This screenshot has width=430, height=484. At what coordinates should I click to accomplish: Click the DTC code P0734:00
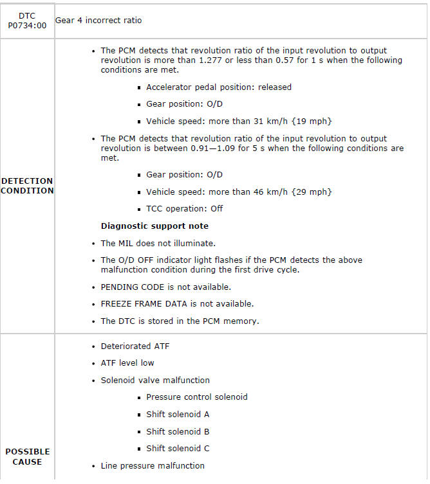pos(27,25)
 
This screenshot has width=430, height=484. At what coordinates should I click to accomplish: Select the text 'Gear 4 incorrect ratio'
pos(98,21)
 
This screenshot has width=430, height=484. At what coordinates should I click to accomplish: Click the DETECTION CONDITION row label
pos(27,186)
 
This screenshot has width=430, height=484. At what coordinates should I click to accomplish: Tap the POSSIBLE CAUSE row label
pos(27,456)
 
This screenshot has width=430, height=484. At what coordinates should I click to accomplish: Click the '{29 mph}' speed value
pos(313,192)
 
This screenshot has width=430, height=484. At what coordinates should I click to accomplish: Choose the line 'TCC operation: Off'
pos(184,209)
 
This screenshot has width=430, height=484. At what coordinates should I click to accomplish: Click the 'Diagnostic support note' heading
pos(154,226)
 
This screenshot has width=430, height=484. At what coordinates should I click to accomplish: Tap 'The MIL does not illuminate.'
pos(158,244)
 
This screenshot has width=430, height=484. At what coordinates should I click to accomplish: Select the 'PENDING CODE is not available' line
pos(165,287)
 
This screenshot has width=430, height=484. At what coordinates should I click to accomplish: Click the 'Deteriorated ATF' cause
pos(135,346)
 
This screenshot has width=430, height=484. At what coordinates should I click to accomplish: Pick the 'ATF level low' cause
pos(127,363)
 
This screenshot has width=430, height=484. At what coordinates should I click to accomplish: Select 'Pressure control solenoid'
pos(196,397)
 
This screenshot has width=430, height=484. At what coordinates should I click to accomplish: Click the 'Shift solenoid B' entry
pos(178,431)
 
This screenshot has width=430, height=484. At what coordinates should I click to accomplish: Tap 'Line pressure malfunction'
pos(153,465)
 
